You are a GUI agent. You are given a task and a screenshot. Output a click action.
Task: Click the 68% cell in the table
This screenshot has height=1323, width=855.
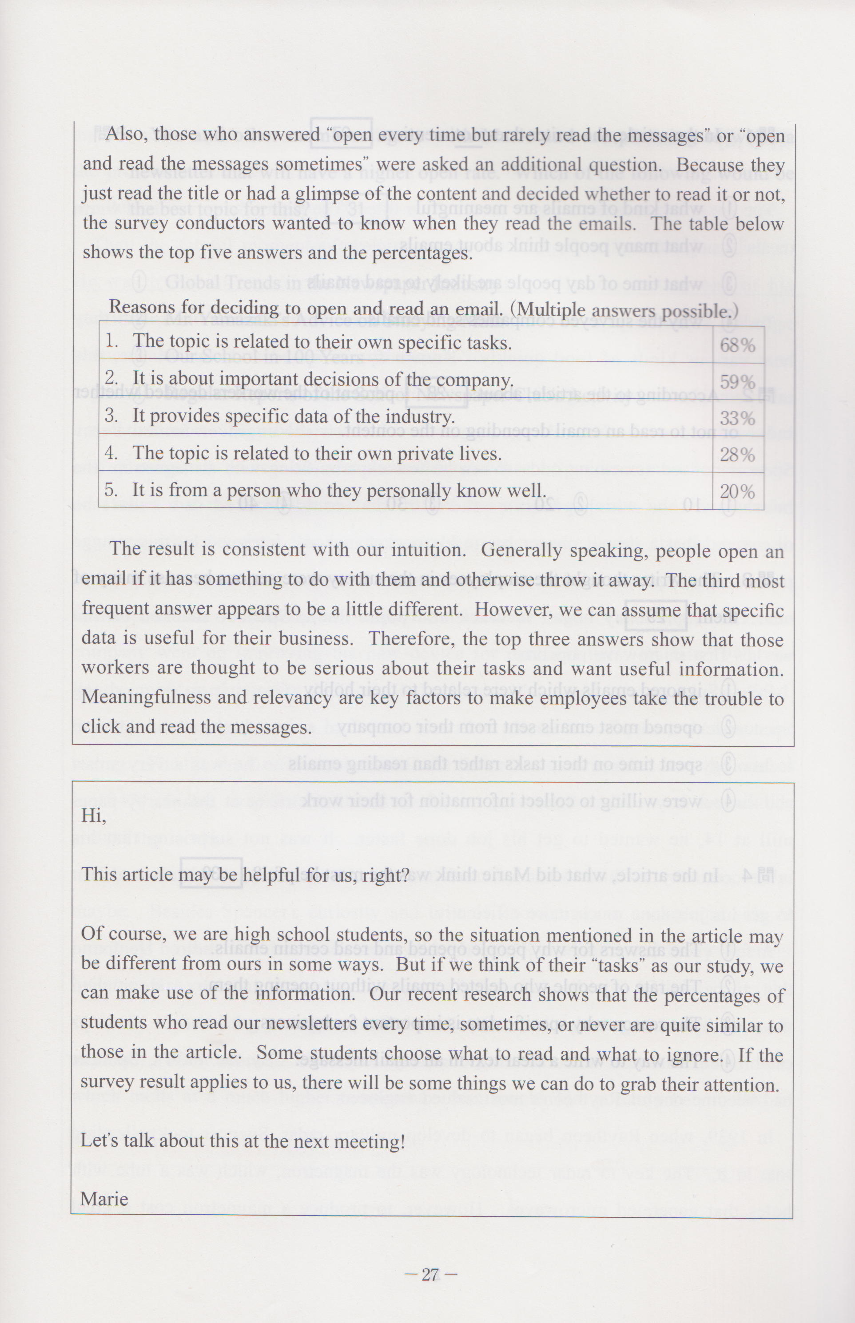coord(737,345)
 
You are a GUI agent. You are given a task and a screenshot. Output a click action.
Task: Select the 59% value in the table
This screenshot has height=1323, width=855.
coord(737,382)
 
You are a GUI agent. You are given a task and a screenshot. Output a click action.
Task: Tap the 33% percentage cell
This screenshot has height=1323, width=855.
coord(737,418)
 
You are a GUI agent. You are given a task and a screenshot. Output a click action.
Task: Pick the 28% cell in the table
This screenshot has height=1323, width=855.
coord(737,455)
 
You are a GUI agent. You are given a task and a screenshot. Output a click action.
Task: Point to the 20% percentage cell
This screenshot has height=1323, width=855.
coord(737,492)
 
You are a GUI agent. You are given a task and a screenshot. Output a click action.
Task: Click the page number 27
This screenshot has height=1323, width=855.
coord(431,1275)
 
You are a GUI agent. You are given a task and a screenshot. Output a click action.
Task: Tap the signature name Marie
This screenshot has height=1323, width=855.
coord(104,1199)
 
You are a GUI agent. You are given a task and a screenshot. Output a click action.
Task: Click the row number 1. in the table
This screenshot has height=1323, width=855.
coord(111,341)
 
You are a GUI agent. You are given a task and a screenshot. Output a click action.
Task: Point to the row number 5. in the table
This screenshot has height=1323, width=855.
coord(111,489)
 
